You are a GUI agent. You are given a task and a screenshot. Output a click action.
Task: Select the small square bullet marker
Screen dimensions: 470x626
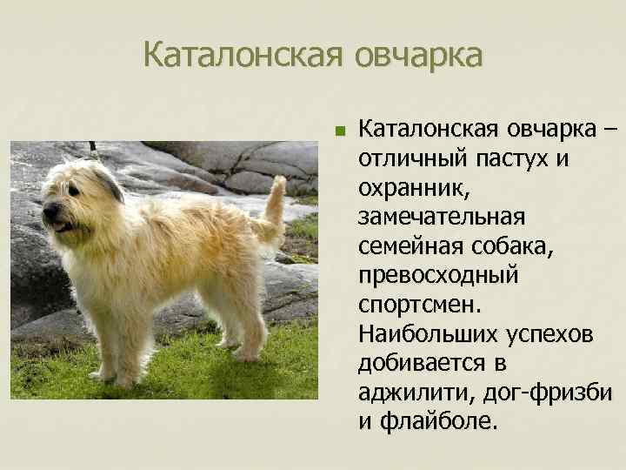(x=342, y=133)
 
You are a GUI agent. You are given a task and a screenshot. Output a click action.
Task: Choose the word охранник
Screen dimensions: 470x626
(x=403, y=188)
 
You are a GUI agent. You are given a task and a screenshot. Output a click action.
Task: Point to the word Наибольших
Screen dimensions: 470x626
(x=423, y=333)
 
